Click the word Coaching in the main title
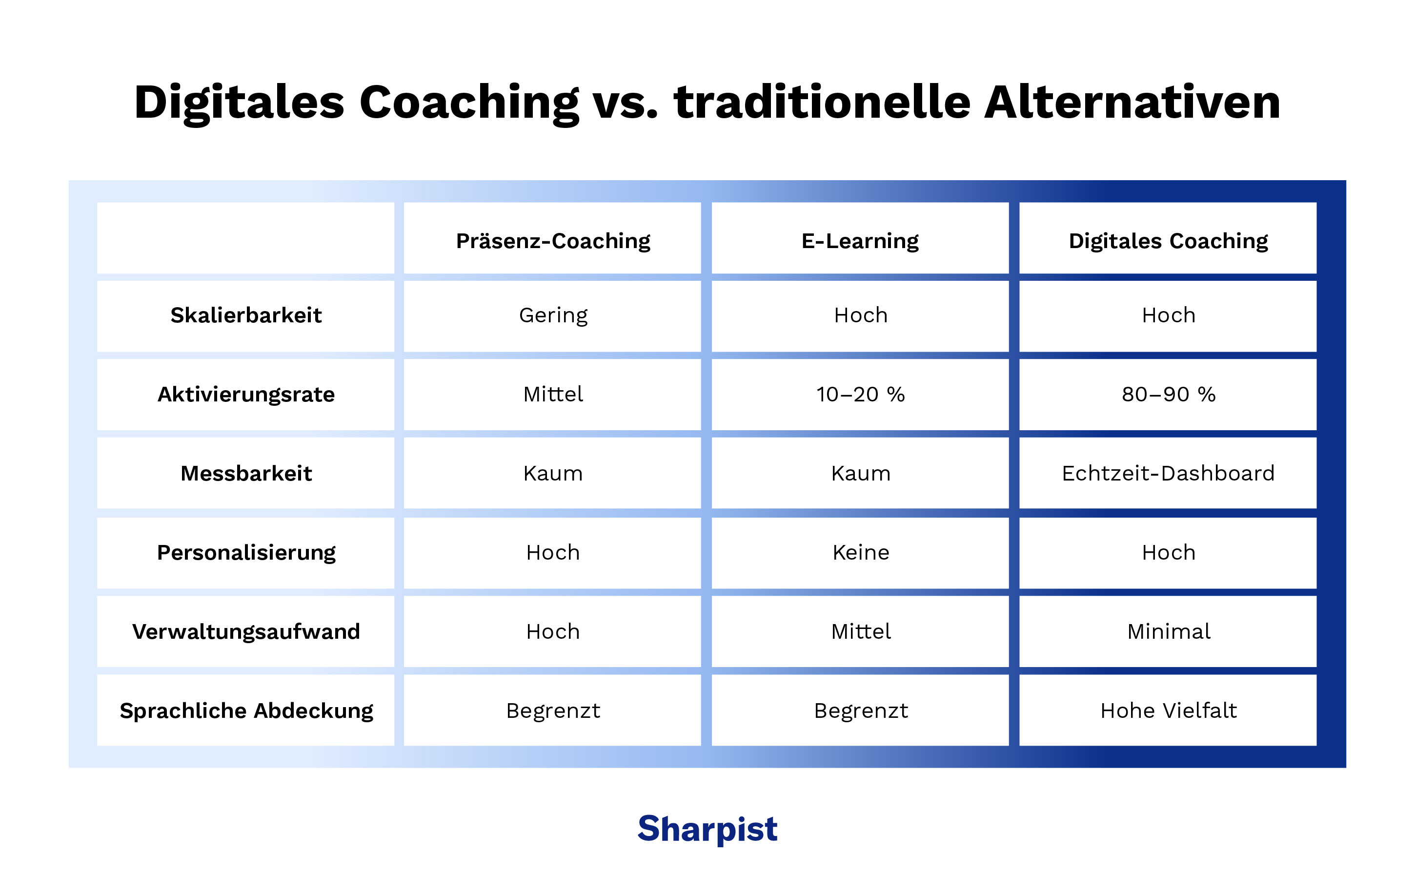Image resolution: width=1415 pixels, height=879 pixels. pos(469,103)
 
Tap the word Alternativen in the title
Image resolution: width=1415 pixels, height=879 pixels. pos(1132,103)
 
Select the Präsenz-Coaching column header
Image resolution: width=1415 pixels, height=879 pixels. pos(553,241)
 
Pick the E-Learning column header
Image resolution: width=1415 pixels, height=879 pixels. pos(860,241)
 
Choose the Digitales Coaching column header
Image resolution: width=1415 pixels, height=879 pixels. pos(1168,241)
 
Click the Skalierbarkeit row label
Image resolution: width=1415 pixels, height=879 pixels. pos(246,315)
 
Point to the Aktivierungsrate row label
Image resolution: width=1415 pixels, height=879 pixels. pos(246,394)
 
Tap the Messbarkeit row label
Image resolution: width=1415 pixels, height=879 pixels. pos(246,473)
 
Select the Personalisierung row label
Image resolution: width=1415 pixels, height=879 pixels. pos(246,552)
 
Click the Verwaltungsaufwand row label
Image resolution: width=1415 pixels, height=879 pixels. pos(246,631)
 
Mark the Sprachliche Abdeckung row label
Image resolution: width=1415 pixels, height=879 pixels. pos(246,711)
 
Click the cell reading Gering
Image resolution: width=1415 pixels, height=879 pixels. pos(553,315)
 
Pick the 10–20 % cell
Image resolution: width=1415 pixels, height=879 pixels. pos(860,394)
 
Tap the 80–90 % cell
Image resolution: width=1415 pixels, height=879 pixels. pos(1168,394)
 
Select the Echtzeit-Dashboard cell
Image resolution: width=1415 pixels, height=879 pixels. pos(1168,473)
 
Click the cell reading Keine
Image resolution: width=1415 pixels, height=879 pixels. pos(860,552)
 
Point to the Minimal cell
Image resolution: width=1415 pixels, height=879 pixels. pos(1168,631)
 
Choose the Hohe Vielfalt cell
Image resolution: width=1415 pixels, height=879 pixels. pos(1168,711)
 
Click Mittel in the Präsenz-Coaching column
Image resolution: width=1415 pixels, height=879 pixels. pos(553,394)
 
